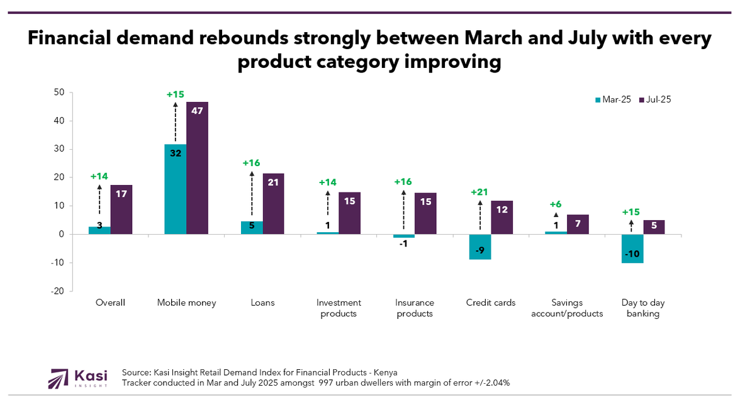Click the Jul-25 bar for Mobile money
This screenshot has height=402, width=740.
click(x=197, y=168)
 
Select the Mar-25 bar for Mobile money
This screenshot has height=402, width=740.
click(x=175, y=189)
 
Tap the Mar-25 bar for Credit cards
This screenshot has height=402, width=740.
click(x=480, y=247)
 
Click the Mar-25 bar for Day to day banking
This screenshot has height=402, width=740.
click(x=632, y=248)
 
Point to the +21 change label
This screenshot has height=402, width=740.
click(x=480, y=193)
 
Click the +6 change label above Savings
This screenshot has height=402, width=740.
click(x=556, y=204)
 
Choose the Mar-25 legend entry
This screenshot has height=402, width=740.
click(x=614, y=99)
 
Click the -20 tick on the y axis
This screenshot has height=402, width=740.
click(x=59, y=291)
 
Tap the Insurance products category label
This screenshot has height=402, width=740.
click(x=415, y=308)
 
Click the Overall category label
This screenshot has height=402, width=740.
click(x=110, y=303)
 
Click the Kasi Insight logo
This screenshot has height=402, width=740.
click(x=78, y=378)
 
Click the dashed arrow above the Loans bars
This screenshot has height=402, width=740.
click(x=252, y=196)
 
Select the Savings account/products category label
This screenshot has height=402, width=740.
click(x=567, y=308)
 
